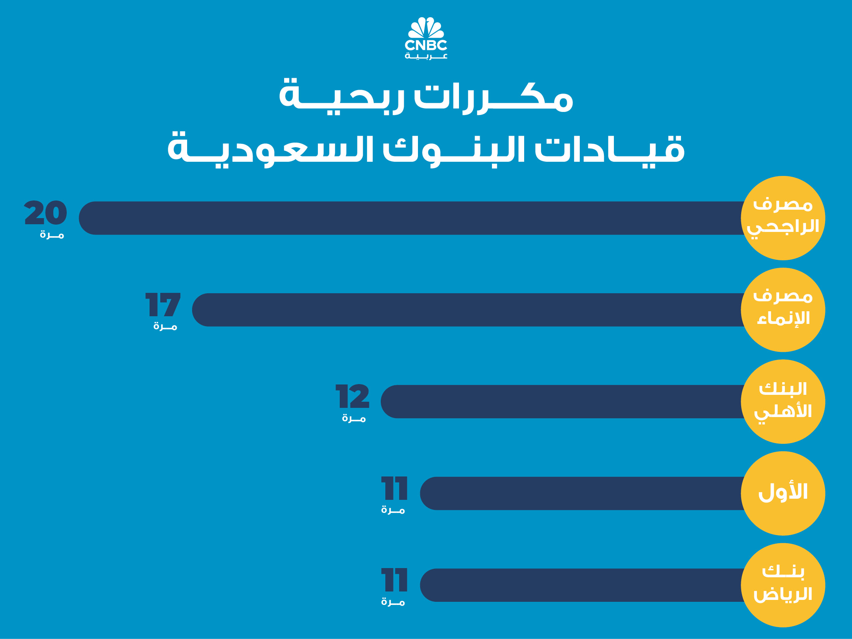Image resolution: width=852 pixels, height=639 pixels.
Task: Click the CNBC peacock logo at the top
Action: (426, 38)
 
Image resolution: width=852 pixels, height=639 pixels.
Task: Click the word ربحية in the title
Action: (342, 96)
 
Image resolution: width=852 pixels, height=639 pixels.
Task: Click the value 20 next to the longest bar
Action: (46, 212)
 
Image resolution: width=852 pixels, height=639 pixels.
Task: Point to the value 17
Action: (163, 304)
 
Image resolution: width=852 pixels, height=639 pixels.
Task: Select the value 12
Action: (352, 396)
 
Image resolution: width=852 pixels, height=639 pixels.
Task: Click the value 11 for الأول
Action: (394, 488)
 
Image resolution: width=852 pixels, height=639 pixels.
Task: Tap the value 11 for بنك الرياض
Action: (394, 580)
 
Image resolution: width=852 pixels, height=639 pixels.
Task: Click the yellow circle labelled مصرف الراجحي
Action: (783, 218)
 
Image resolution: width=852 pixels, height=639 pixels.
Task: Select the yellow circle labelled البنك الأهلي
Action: (783, 401)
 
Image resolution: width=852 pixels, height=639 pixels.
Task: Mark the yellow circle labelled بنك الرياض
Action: (783, 585)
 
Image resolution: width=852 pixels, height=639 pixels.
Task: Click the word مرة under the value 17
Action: (165, 326)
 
